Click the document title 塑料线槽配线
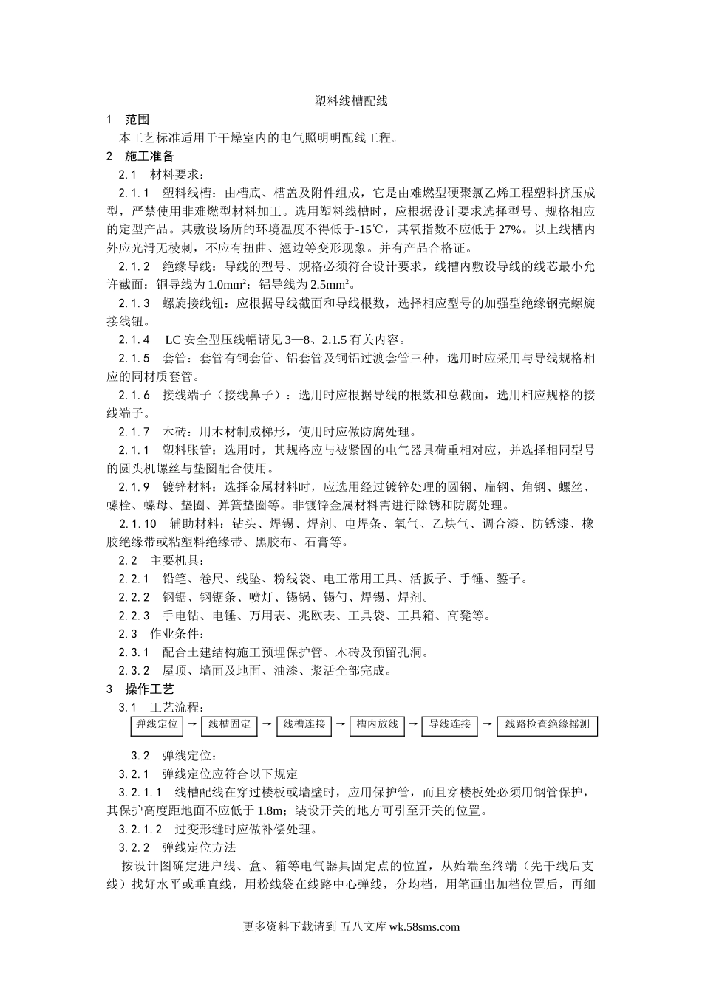pyautogui.click(x=351, y=101)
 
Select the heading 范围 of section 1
pyautogui.click(x=137, y=120)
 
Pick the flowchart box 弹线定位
pyautogui.click(x=157, y=726)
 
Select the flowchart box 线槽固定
pyautogui.click(x=229, y=726)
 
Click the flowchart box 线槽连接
pyautogui.click(x=304, y=726)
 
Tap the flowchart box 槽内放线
pyautogui.click(x=377, y=726)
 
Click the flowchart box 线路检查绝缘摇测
pyautogui.click(x=548, y=726)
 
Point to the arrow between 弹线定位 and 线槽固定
pyautogui.click(x=192, y=725)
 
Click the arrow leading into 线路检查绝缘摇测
pyautogui.click(x=487, y=725)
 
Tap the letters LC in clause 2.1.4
pyautogui.click(x=172, y=340)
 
